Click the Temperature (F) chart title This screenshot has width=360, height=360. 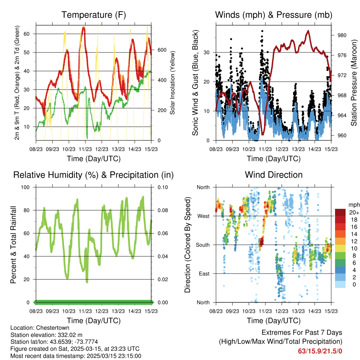[x=94, y=15]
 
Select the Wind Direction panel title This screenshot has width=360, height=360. [x=274, y=175]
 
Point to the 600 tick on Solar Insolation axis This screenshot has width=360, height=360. [x=162, y=50]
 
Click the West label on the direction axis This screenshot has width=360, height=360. [x=203, y=216]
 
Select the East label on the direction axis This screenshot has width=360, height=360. [x=204, y=274]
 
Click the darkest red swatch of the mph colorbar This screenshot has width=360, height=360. [x=340, y=212]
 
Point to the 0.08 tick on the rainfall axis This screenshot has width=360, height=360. [x=159, y=210]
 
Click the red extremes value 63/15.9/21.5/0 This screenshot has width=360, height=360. [x=320, y=351]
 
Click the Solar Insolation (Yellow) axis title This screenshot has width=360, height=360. [x=172, y=83]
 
